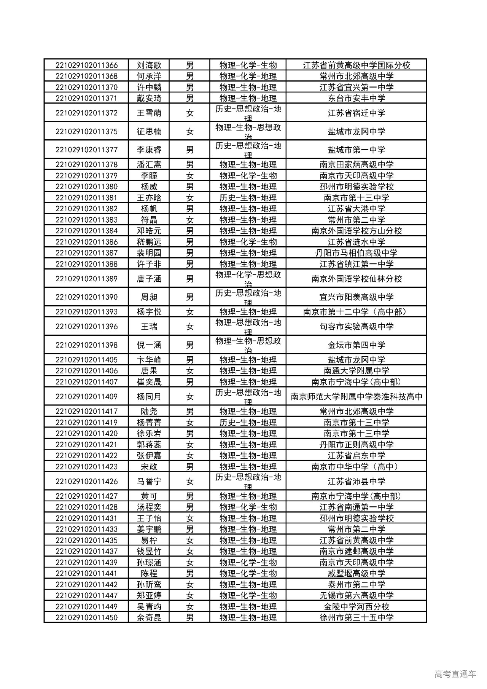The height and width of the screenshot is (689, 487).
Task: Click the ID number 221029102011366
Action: click(x=86, y=65)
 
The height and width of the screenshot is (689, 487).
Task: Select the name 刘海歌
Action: click(x=149, y=65)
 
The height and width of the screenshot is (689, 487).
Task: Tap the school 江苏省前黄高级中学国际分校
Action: click(x=356, y=65)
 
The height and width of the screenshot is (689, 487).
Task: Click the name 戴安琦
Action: click(x=149, y=98)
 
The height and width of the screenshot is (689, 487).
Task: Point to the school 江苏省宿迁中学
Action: click(x=356, y=113)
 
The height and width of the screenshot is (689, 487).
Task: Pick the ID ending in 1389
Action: click(x=86, y=279)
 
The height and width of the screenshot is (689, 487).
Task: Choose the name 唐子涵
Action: click(x=149, y=279)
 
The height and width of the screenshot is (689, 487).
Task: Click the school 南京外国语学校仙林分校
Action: click(x=356, y=279)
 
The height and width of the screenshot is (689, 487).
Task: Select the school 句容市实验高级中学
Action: click(x=356, y=327)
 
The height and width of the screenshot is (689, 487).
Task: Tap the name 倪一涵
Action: click(x=149, y=345)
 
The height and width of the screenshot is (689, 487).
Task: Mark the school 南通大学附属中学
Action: click(x=356, y=371)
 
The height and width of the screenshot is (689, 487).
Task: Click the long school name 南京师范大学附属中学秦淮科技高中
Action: click(x=356, y=397)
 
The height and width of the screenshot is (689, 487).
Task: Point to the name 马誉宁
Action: click(x=149, y=482)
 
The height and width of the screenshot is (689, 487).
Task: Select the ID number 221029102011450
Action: click(x=86, y=617)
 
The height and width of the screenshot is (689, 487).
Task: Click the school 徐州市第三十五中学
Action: click(x=356, y=617)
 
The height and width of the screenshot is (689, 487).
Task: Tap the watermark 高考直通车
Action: click(x=455, y=674)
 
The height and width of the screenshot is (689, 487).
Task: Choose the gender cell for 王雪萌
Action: click(x=190, y=113)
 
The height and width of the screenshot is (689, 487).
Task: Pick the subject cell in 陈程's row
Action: click(x=248, y=573)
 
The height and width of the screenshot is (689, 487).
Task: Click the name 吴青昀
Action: click(x=149, y=606)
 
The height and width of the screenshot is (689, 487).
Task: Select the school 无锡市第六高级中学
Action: click(x=356, y=595)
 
